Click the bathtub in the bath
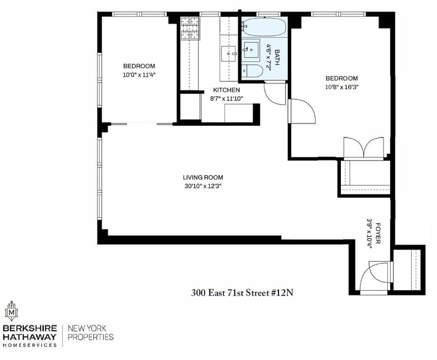[264, 27]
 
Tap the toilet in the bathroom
[252, 71]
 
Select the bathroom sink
[251, 50]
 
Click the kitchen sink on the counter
[228, 54]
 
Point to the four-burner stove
[190, 28]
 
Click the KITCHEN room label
[226, 90]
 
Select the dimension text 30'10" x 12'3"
[203, 186]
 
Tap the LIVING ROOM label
[203, 178]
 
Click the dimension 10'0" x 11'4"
[139, 75]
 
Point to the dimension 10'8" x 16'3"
[341, 87]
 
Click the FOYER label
[378, 233]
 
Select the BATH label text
[277, 57]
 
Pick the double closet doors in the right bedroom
[363, 148]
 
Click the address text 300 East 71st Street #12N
[242, 293]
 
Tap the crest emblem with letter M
[11, 311]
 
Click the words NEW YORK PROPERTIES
[91, 333]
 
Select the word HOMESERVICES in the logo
[29, 345]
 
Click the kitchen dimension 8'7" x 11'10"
[226, 98]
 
